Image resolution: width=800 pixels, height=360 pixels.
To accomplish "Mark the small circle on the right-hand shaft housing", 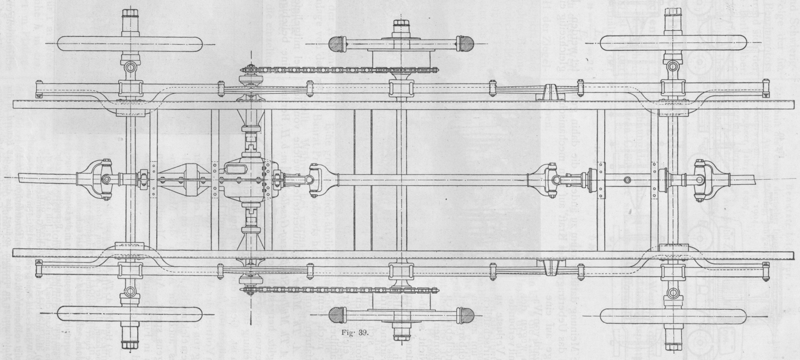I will pyautogui.click(x=628, y=179).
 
